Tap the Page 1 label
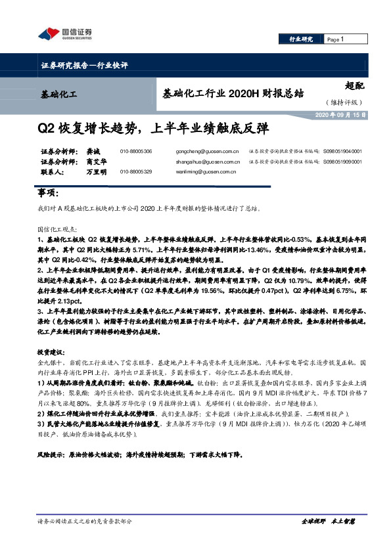click(336, 39)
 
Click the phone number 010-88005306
click(137, 152)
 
